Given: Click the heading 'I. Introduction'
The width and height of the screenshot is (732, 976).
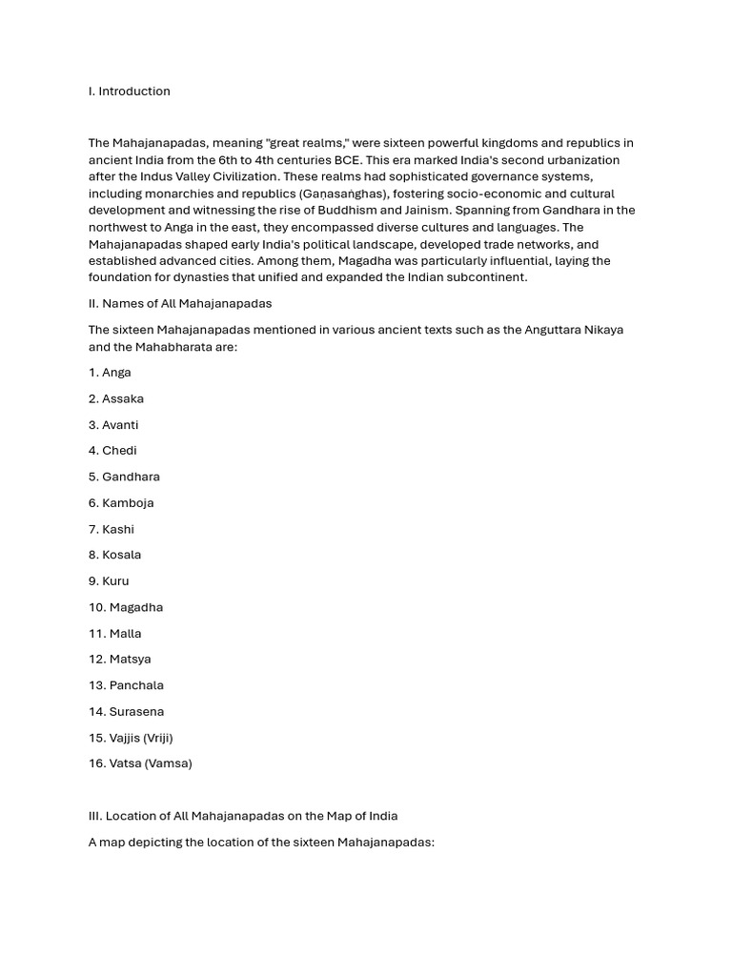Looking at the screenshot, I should click(x=130, y=91).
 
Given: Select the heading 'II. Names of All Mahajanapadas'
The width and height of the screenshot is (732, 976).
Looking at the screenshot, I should click(x=180, y=303).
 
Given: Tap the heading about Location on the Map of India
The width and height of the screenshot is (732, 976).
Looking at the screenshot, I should click(x=243, y=816).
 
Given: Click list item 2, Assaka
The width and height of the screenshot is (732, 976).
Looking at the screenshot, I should click(x=116, y=398).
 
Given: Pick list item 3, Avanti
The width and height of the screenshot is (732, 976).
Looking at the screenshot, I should click(x=113, y=425).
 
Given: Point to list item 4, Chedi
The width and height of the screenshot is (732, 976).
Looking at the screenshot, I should click(x=112, y=451).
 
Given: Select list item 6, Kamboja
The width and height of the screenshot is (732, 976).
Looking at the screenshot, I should click(x=121, y=503).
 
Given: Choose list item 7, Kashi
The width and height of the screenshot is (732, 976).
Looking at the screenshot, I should click(x=112, y=529).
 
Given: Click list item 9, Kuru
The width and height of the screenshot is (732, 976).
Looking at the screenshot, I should click(x=109, y=581).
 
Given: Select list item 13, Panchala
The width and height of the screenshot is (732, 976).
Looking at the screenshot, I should click(x=126, y=685).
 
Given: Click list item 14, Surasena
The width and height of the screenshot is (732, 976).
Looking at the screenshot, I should click(x=127, y=712).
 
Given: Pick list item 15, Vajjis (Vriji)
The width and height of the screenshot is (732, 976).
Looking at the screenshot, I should click(x=131, y=738).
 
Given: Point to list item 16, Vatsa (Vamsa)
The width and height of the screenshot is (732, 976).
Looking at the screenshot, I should click(x=140, y=763).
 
